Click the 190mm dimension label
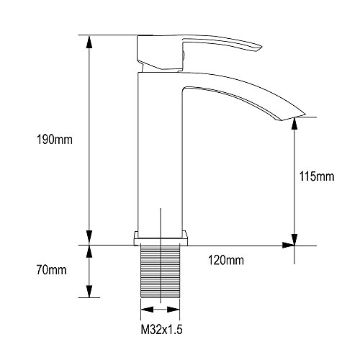(x=55, y=140)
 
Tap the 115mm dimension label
(x=317, y=176)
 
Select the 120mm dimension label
(x=226, y=261)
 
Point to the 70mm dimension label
(x=52, y=270)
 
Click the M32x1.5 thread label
(x=161, y=330)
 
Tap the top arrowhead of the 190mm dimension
(x=89, y=42)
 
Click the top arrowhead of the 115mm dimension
(x=294, y=125)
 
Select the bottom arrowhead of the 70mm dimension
(x=89, y=291)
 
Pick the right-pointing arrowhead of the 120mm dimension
(x=289, y=246)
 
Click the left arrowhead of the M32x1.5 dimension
(x=147, y=310)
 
